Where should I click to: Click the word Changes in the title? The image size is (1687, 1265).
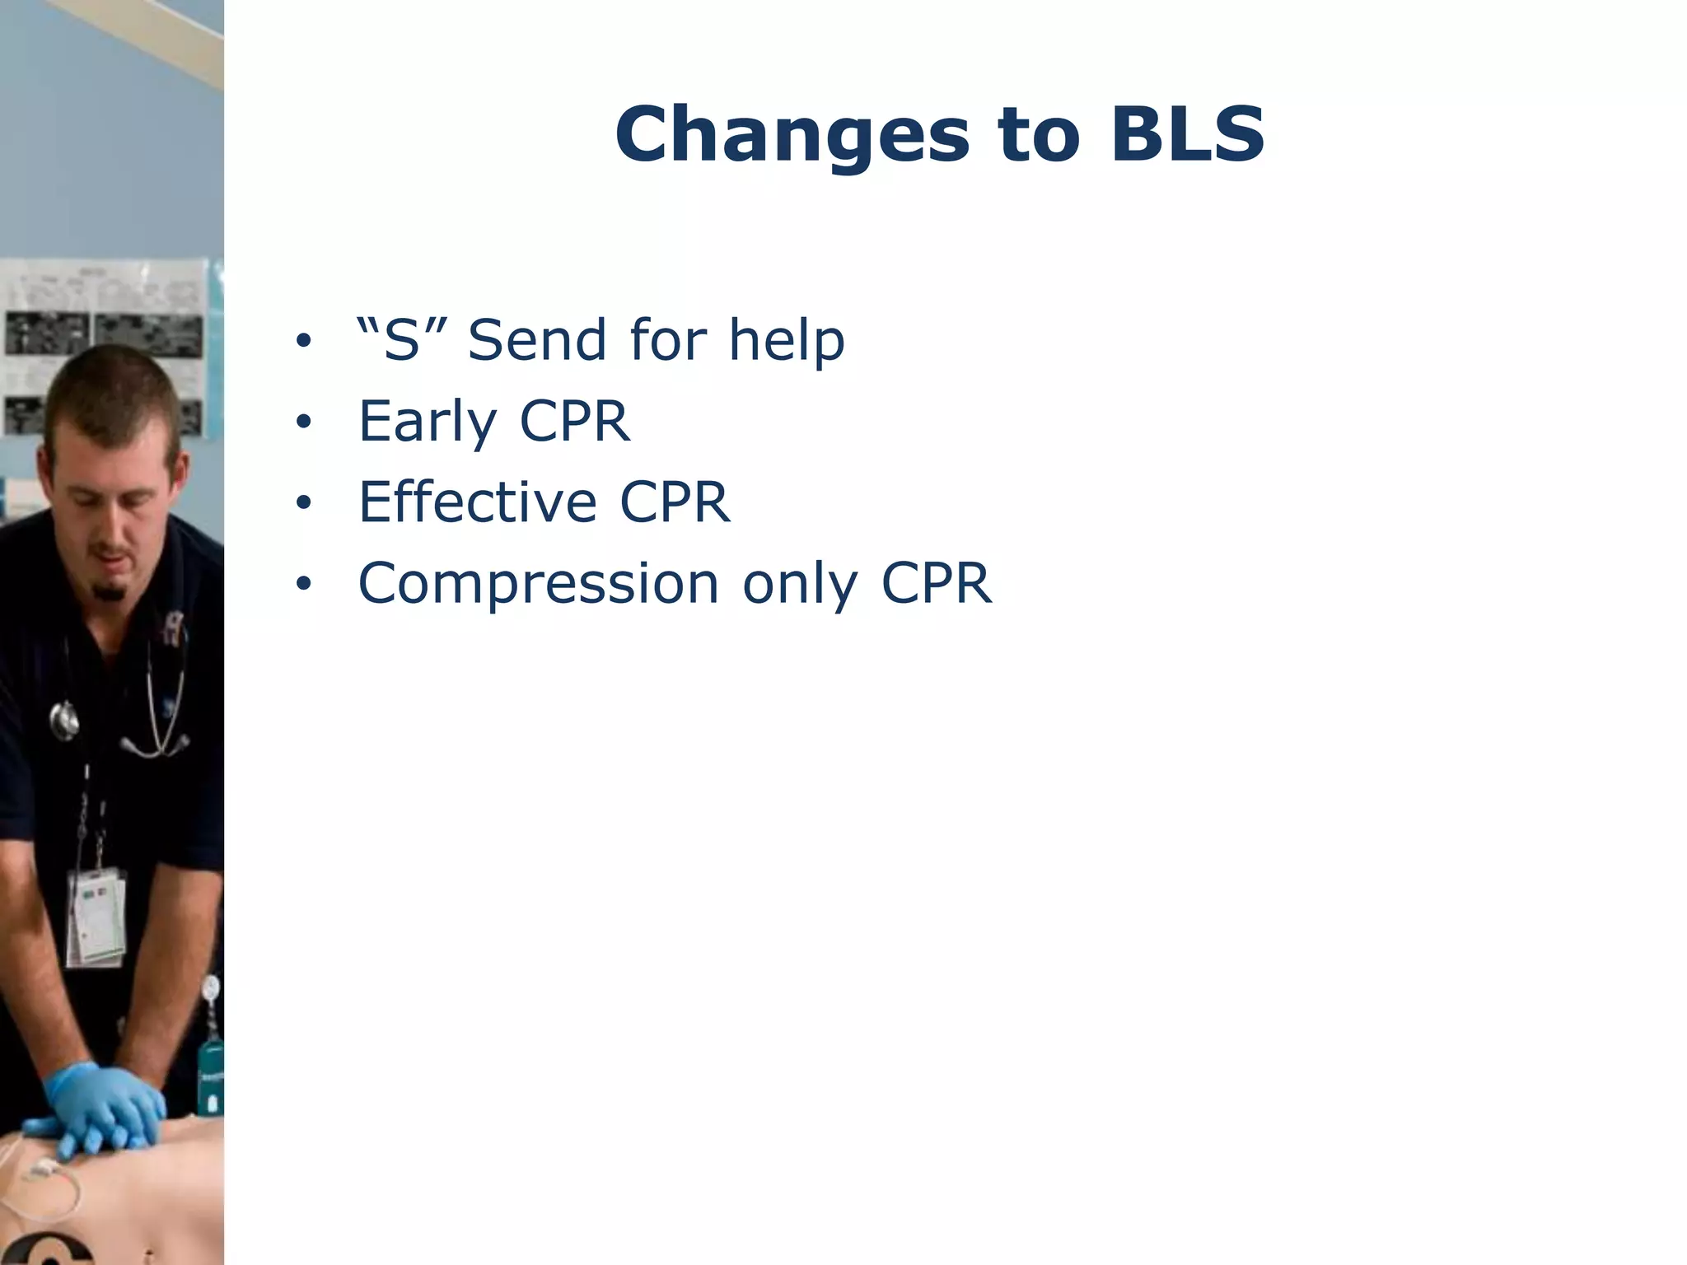[x=792, y=136]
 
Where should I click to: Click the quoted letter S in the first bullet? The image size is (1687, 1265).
[x=400, y=339]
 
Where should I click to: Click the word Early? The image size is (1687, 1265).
[x=427, y=422]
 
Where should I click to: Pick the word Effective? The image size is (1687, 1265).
[x=477, y=502]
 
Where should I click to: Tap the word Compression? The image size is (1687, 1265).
[x=539, y=584]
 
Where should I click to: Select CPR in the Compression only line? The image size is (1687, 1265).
[x=936, y=584]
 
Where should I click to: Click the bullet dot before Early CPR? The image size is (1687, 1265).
[x=304, y=423]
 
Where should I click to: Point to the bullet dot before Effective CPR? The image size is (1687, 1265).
[x=304, y=503]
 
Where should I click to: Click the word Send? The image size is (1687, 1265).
[x=537, y=339]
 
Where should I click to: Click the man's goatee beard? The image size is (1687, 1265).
[x=109, y=590]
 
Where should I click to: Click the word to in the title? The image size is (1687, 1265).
[x=1038, y=136]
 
